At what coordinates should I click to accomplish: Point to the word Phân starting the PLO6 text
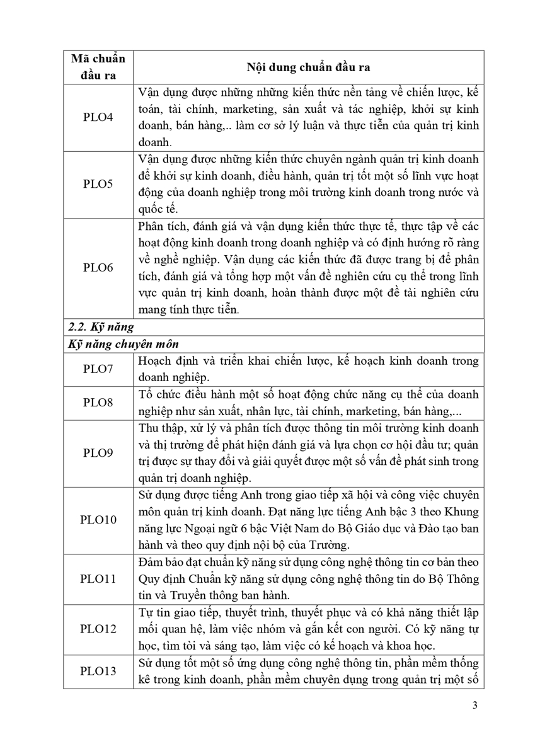tap(152, 227)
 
